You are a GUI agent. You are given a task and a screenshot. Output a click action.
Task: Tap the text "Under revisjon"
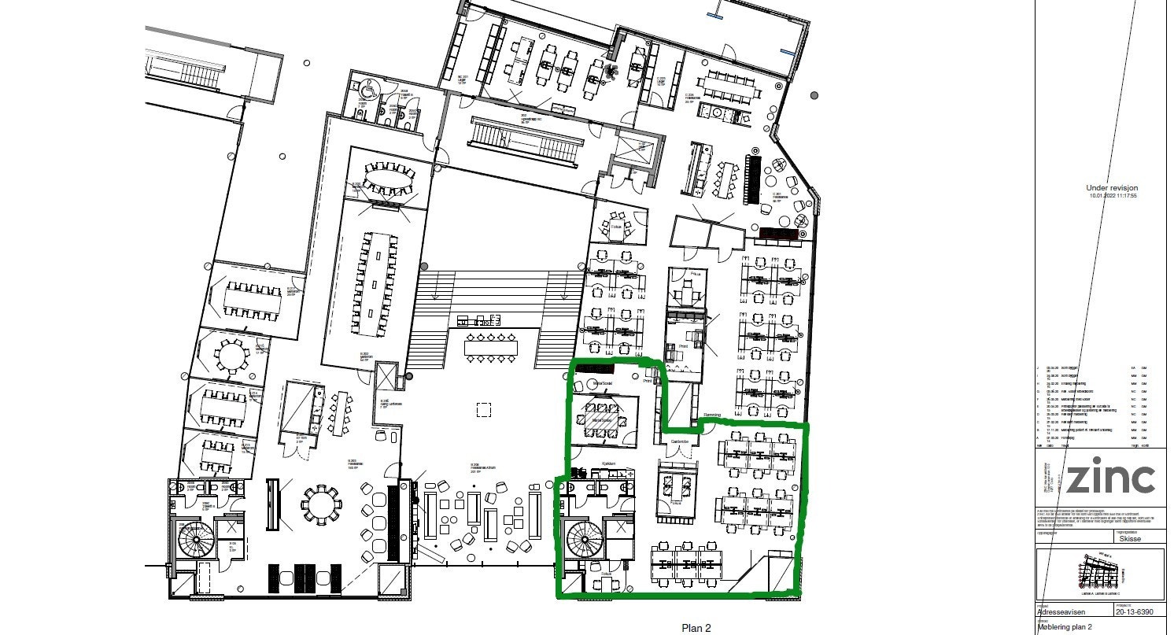click(1112, 189)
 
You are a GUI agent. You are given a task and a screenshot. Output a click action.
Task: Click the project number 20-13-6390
click(1134, 611)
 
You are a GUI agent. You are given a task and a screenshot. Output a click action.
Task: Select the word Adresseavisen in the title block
click(1063, 611)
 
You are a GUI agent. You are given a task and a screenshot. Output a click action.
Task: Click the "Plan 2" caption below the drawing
click(696, 628)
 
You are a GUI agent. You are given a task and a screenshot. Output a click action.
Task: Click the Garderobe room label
click(679, 442)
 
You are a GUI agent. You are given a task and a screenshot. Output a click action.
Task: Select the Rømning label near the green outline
click(712, 414)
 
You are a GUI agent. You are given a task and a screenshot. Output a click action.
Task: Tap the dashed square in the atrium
click(483, 409)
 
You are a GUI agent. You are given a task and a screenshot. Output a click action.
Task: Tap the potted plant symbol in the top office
click(612, 72)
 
